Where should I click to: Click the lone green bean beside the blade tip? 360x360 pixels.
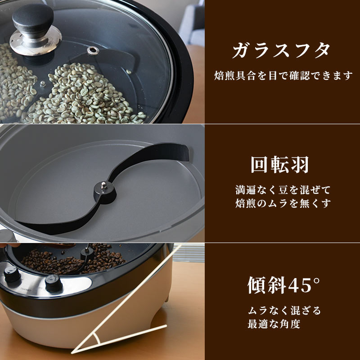pos(130,71)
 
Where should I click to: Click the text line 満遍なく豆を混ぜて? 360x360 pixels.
pos(283,189)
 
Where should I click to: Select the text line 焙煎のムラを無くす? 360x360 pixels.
pos(283,203)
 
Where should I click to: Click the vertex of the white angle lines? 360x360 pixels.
pos(75,351)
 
